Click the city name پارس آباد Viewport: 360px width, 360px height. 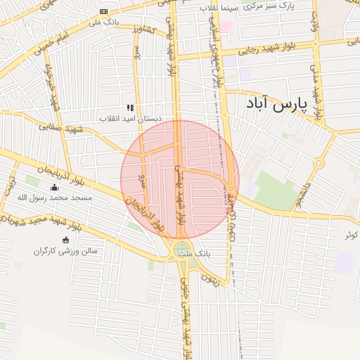(x=278, y=105)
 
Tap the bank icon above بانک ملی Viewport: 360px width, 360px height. (x=104, y=12)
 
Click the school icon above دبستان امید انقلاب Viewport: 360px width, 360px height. (x=130, y=108)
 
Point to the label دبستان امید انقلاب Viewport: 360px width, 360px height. (x=130, y=118)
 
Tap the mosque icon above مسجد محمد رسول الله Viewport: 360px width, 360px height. (x=55, y=188)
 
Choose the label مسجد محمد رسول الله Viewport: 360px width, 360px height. (x=56, y=198)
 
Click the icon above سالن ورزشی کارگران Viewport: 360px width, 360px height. (x=65, y=240)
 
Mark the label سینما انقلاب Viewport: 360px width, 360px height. (x=219, y=7)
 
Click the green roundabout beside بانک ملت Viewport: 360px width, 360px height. (x=182, y=248)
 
